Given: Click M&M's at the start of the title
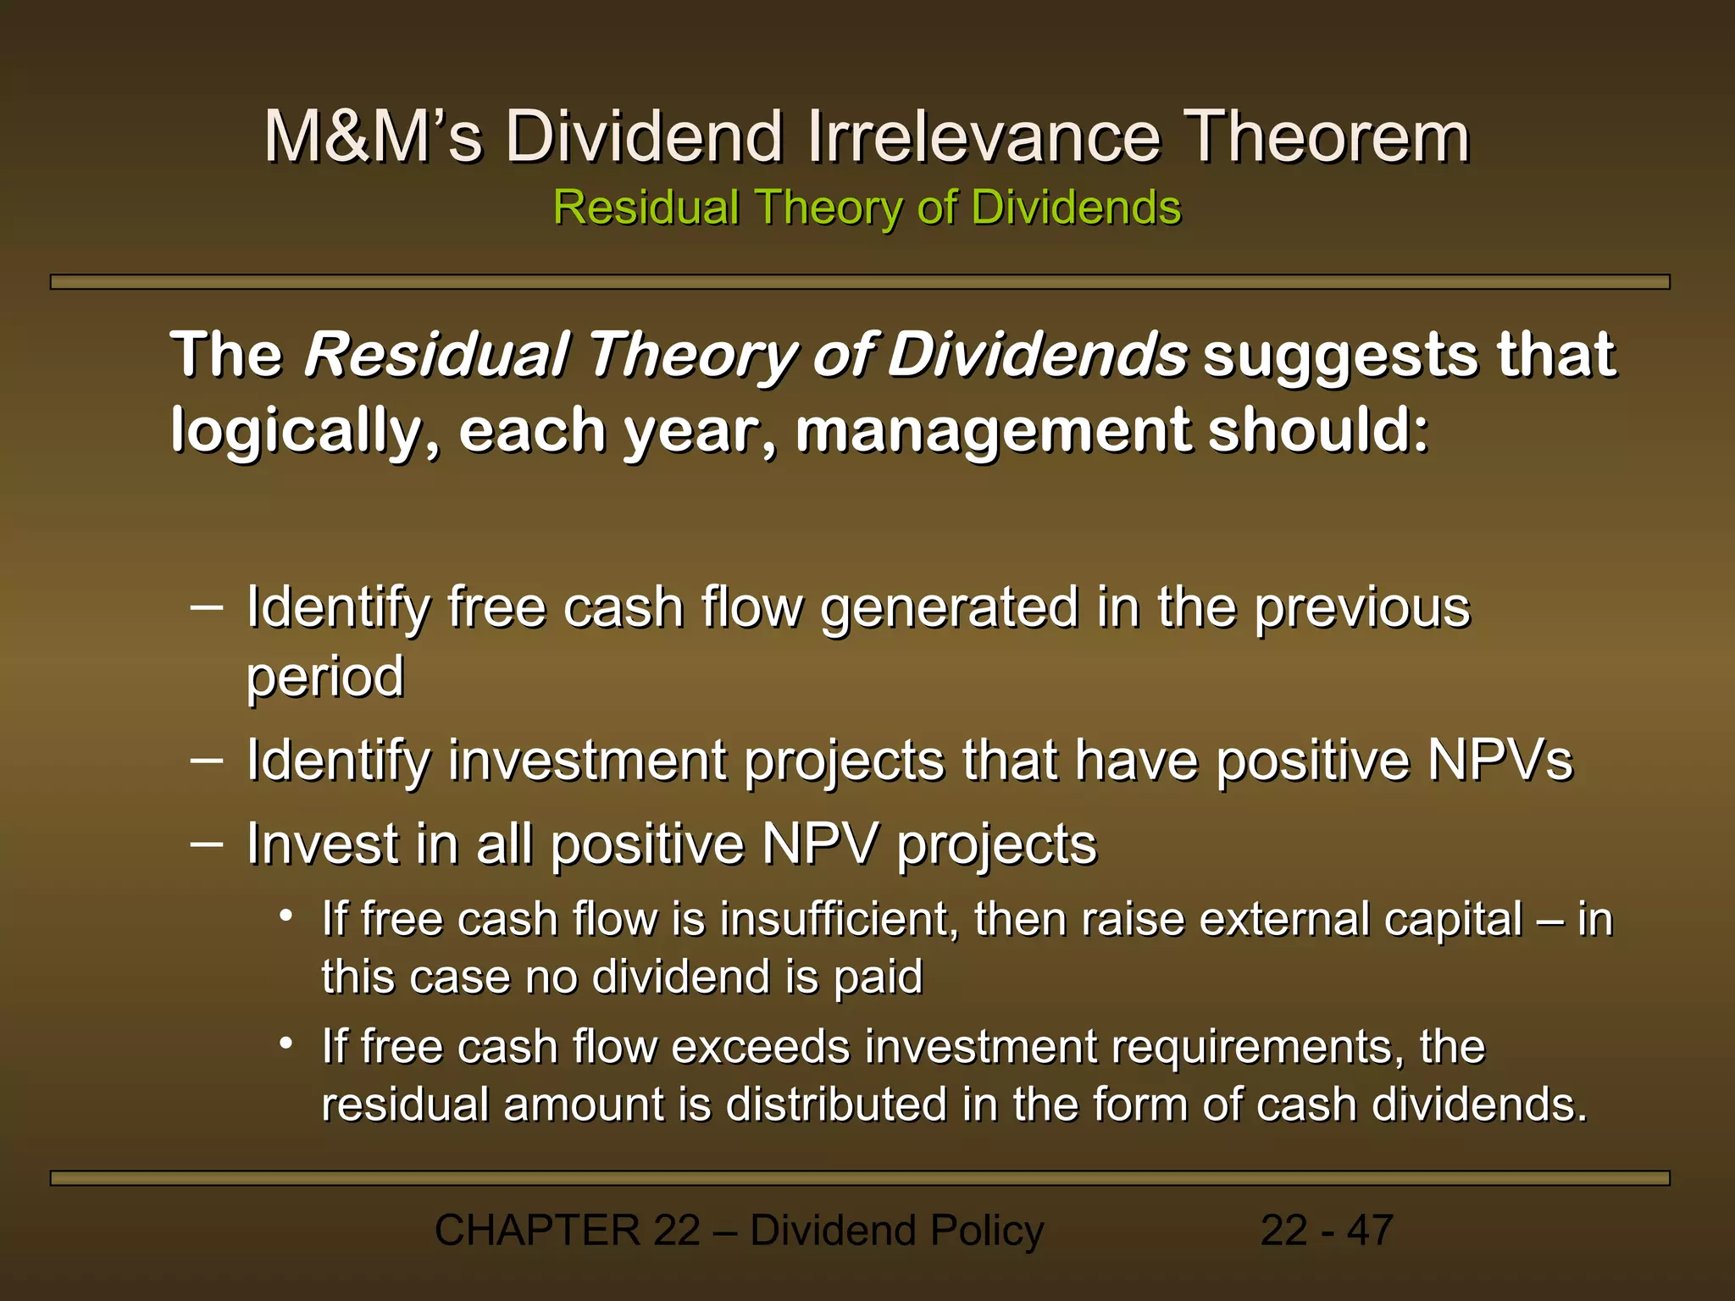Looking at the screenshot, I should tap(373, 137).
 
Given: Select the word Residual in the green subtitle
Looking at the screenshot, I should tap(646, 208).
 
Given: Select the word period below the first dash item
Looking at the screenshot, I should tap(325, 678).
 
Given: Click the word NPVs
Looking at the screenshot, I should tap(1499, 760).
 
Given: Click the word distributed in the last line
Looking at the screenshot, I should tap(838, 1104).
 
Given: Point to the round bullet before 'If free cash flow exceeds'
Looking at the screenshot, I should tap(287, 1044).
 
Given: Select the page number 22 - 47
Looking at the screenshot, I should tap(1326, 1231).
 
